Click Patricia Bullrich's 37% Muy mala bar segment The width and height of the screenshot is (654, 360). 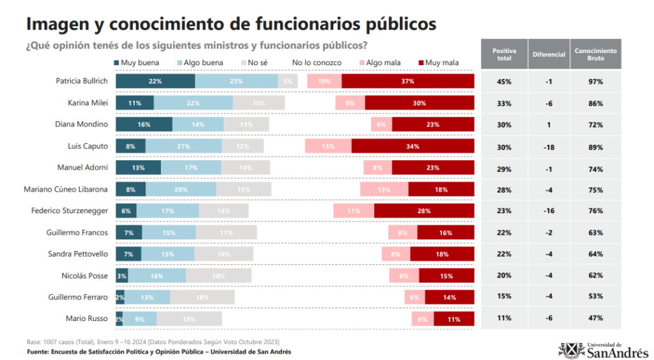[x=407, y=81]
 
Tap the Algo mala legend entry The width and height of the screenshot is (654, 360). [x=383, y=63]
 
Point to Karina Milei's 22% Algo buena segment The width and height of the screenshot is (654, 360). [x=193, y=103]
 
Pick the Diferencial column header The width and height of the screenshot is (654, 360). [x=549, y=54]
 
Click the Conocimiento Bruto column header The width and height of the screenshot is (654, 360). [x=595, y=54]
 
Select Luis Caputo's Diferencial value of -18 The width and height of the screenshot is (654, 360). [x=549, y=147]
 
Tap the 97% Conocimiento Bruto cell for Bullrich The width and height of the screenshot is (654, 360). [x=595, y=82]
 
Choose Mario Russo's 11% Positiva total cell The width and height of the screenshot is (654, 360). [x=505, y=319]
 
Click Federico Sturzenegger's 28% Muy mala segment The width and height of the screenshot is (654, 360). [x=423, y=211]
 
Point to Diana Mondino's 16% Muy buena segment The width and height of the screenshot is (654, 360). [x=144, y=124]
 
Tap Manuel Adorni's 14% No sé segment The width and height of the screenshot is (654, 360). [x=245, y=168]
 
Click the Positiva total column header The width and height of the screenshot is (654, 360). [x=505, y=54]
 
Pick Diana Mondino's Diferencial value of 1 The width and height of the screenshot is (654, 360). [x=549, y=125]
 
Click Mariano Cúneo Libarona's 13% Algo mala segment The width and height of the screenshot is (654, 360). [x=384, y=190]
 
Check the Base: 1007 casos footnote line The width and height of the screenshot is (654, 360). [x=153, y=342]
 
